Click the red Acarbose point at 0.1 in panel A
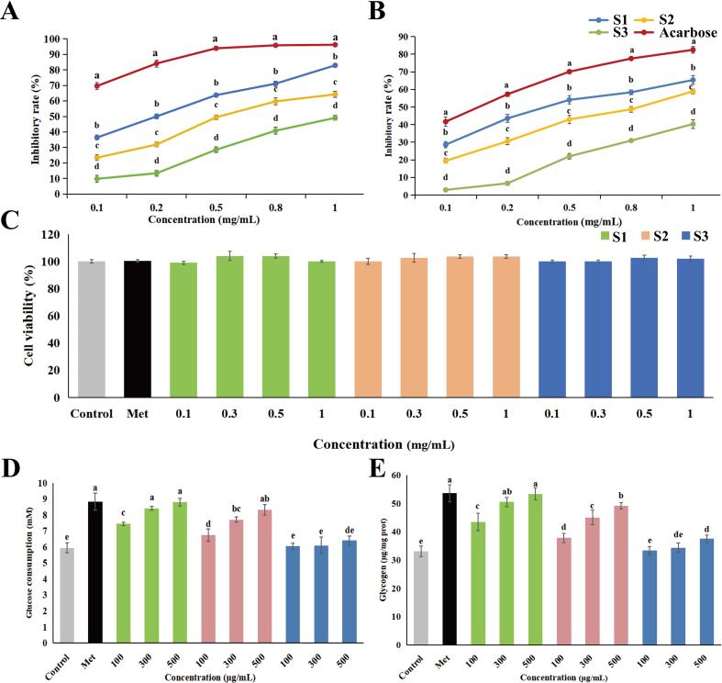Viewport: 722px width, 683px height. click(95, 85)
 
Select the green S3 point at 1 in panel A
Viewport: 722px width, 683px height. click(336, 118)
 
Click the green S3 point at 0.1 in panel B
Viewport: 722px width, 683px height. click(446, 190)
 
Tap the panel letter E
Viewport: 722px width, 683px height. click(379, 469)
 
